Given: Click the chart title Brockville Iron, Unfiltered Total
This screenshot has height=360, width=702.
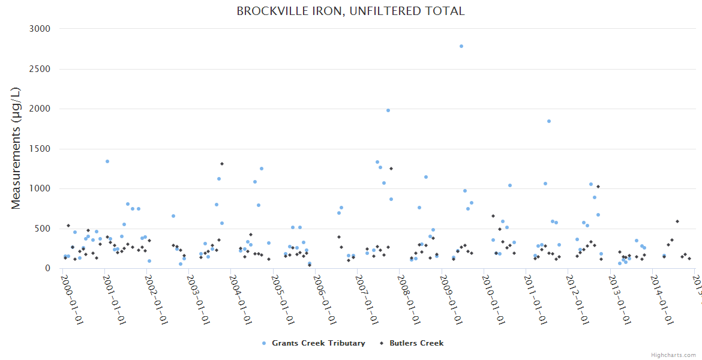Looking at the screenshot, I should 350,11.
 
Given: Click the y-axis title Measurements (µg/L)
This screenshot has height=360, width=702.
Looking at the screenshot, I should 16,148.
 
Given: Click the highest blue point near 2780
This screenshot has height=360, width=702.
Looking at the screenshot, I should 461,46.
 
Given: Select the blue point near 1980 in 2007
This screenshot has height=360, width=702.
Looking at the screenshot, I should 388,110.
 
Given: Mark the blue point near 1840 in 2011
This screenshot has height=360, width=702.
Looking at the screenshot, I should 548,121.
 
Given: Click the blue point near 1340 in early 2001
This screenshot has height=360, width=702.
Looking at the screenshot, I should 107,161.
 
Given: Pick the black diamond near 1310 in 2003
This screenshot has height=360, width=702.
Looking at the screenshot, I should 221,164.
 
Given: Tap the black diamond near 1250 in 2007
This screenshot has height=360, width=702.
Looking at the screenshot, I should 391,169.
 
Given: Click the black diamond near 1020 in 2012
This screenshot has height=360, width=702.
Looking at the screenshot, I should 598,187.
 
